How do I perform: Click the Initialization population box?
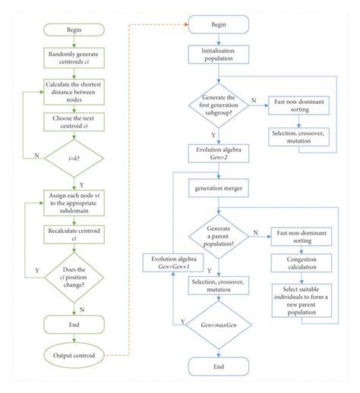218,54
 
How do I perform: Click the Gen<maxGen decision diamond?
218,325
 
